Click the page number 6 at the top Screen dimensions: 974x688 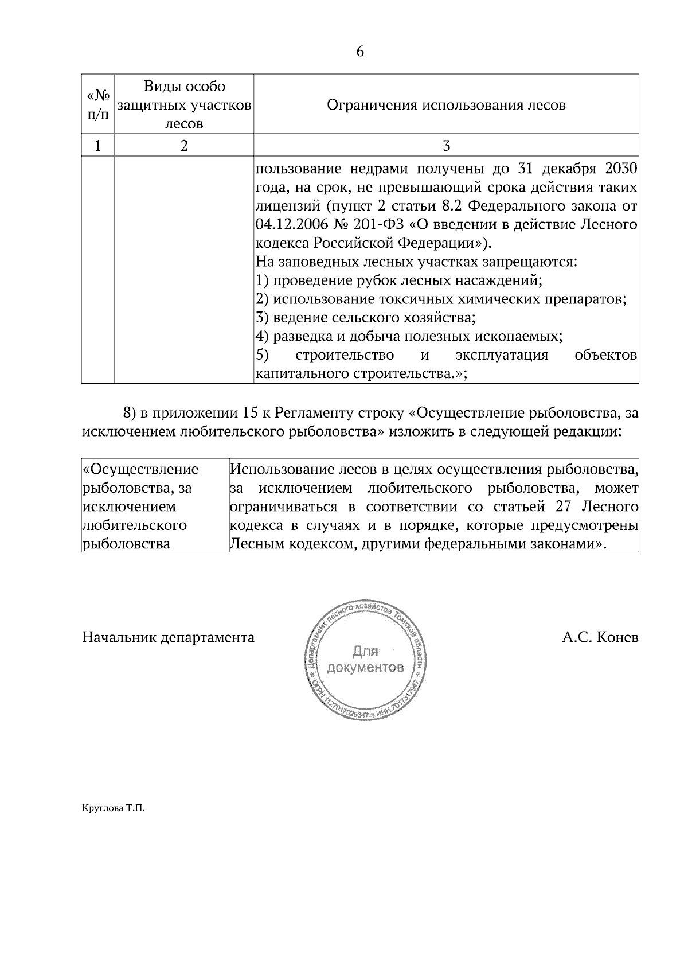coord(360,52)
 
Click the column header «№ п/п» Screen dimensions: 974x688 coord(98,105)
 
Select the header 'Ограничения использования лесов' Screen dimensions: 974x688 coord(446,105)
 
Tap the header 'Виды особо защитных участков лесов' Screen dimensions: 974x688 coord(184,105)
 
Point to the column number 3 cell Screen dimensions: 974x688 coord(446,146)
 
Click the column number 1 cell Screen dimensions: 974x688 coord(98,146)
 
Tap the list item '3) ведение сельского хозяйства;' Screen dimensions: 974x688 coord(365,317)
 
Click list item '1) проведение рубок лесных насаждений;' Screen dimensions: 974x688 coord(399,280)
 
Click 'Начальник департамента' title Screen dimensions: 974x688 coord(169,637)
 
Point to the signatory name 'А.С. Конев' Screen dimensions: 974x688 coord(600,637)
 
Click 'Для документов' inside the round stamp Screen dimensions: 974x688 coord(365,660)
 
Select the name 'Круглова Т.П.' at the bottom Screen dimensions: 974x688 coord(114,808)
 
